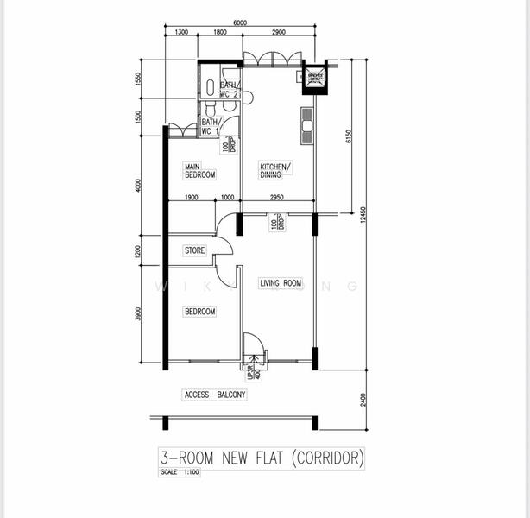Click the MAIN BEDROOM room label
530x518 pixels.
coord(199,170)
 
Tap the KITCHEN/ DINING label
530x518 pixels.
coord(276,170)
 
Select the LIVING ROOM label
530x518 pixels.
coord(281,282)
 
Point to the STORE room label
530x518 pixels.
coord(194,250)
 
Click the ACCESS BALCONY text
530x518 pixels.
coord(215,395)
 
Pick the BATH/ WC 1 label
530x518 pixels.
coord(211,127)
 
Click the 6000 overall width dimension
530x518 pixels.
coord(240,23)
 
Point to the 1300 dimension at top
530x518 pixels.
coord(181,33)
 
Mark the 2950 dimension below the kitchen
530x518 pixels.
coord(277,199)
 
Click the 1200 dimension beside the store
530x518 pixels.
coord(139,252)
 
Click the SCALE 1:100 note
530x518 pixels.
coord(180,472)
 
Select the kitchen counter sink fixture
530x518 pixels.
coord(306,123)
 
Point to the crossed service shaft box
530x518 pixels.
coord(314,79)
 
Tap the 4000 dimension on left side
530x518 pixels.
coord(139,186)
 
